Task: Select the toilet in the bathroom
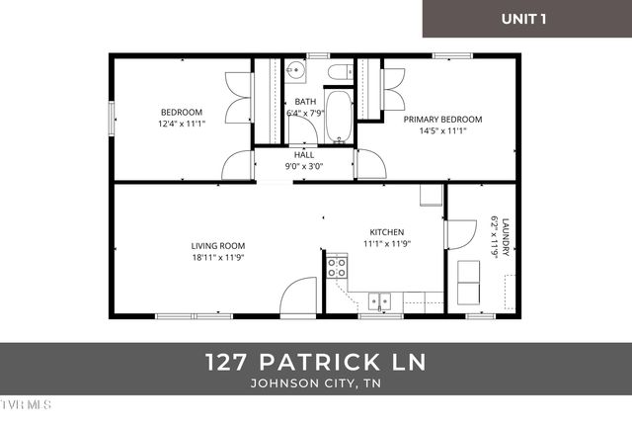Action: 338,72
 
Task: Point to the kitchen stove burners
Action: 338,266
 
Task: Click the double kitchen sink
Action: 379,301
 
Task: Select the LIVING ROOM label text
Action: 218,246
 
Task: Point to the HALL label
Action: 304,155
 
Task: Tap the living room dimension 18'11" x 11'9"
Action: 218,258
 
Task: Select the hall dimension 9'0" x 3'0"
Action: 304,166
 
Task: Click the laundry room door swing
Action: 459,233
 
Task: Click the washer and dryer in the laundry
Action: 468,284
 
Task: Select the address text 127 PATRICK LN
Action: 316,363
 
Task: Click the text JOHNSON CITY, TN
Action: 316,384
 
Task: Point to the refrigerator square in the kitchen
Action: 431,194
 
